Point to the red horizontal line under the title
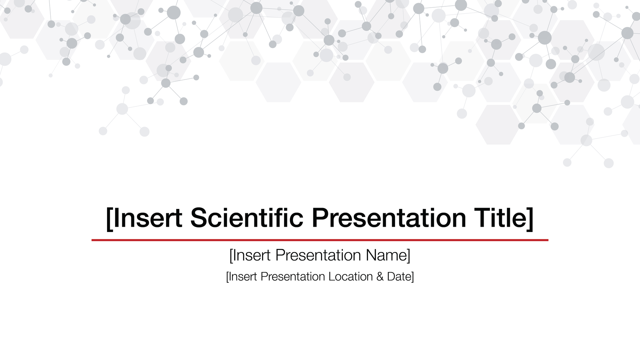(320, 240)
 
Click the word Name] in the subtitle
(388, 255)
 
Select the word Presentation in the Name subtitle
(318, 255)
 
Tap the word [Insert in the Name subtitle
(250, 255)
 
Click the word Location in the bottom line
(350, 277)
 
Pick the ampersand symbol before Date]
(380, 277)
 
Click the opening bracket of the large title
(109, 218)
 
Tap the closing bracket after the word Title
(530, 218)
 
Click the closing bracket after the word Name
(409, 256)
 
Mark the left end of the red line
(92, 240)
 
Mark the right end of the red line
(548, 240)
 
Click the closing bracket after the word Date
(413, 277)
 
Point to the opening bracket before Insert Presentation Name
(231, 256)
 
